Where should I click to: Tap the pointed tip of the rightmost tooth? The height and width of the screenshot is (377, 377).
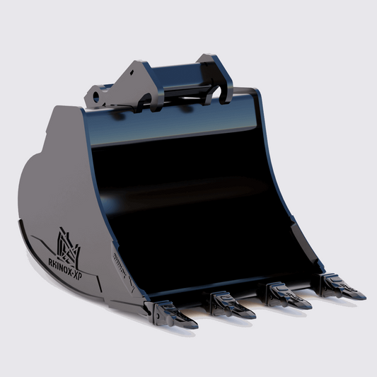tap(364, 296)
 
